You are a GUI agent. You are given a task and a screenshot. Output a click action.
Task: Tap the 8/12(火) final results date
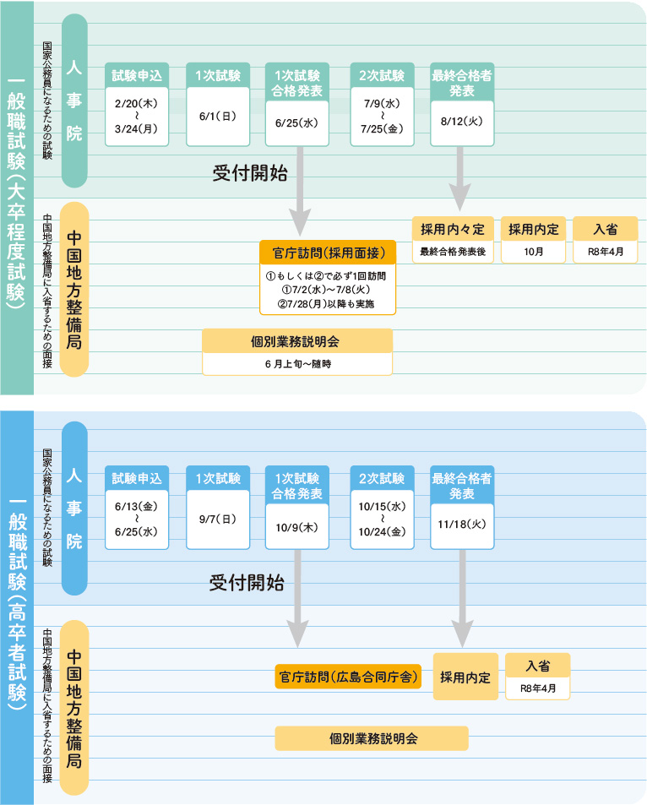[x=461, y=121]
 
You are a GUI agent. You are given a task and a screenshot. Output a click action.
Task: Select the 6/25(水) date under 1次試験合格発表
[x=296, y=122]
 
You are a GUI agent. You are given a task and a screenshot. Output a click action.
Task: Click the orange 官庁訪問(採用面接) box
[x=328, y=253]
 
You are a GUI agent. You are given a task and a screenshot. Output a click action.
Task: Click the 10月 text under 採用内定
[x=533, y=252]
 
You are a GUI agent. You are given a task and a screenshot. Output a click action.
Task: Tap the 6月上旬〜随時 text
[x=297, y=363]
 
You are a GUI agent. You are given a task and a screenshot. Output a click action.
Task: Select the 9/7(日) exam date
[x=217, y=519]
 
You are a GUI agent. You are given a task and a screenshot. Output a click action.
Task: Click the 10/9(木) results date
[x=296, y=527]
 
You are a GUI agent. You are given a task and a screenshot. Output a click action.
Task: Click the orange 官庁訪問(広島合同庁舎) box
[x=348, y=677]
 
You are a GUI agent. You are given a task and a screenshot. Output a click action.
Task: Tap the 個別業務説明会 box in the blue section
[x=372, y=738]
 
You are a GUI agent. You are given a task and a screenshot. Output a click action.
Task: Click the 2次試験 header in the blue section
[x=382, y=478]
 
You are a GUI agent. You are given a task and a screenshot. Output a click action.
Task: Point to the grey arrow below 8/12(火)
[x=460, y=178]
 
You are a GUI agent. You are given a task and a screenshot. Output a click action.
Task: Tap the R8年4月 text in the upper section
[x=605, y=252]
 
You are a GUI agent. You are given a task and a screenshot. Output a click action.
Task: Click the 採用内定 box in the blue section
[x=465, y=677]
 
